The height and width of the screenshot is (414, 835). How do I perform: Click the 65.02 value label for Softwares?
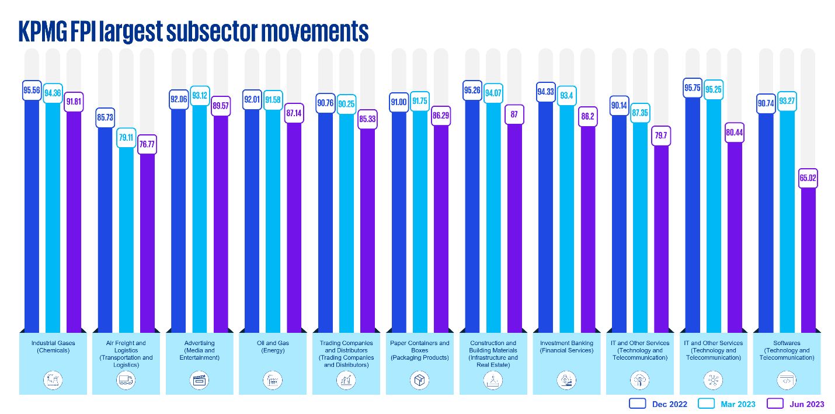808,178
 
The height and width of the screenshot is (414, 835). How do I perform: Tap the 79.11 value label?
127,138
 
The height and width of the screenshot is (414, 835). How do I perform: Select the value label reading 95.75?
693,88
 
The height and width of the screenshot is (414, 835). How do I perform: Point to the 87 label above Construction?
514,114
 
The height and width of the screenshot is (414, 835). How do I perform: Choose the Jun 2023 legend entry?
795,403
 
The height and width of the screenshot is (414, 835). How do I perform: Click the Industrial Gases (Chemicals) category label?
53,347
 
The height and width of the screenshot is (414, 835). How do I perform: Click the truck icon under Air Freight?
126,380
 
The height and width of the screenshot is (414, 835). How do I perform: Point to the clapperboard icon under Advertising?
200,380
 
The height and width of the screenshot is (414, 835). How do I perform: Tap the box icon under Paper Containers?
420,380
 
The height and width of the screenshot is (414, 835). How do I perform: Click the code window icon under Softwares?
786,380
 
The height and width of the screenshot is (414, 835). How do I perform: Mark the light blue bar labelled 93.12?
200,222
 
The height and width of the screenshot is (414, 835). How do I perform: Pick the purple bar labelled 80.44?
734,234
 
